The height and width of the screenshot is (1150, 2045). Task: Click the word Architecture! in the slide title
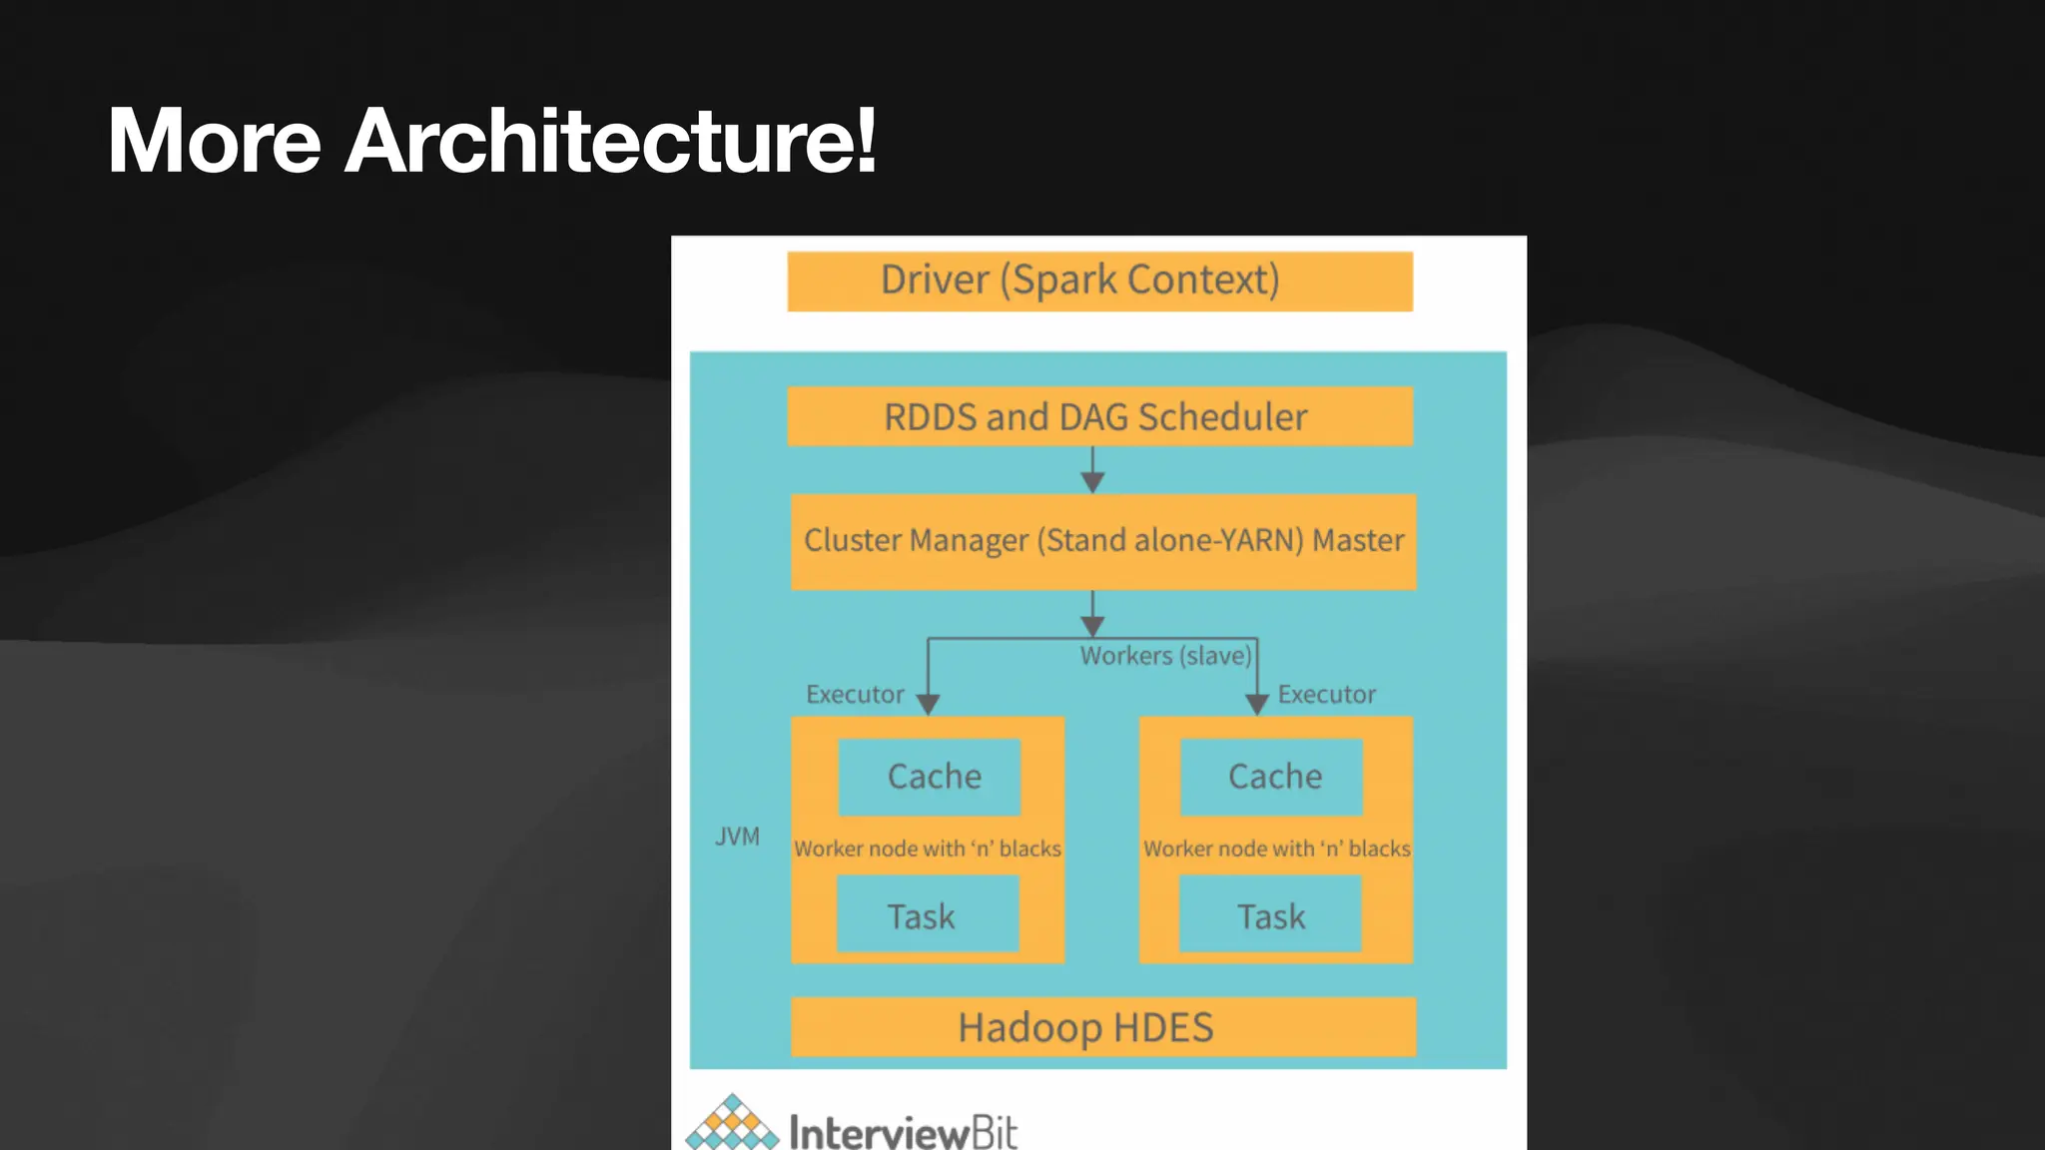610,142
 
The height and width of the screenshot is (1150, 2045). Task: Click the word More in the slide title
214,142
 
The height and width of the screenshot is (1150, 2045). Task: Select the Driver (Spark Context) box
1099,282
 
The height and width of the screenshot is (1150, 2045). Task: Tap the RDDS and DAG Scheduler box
1099,416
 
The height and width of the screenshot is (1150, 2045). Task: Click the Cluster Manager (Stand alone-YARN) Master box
1102,541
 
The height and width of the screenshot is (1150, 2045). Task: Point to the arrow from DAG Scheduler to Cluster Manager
1092,470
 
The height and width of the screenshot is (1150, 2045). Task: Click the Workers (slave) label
1165,656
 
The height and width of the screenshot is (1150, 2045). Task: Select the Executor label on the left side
855,695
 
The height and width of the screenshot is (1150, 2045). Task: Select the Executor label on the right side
1326,695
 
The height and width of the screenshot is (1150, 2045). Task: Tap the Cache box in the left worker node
930,777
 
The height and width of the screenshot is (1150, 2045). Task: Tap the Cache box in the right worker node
1271,777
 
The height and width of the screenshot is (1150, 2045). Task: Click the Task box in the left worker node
927,914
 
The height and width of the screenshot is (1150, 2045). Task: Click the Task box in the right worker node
1269,914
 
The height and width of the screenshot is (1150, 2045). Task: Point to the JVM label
737,837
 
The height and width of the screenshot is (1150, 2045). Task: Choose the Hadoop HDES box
1102,1027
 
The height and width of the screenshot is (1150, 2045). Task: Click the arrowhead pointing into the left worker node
928,704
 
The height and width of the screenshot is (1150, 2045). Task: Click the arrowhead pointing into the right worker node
1257,704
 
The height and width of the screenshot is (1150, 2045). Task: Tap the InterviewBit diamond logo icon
732,1124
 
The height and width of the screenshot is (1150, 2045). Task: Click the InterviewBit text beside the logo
903,1132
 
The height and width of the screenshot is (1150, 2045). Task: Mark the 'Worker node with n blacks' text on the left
927,849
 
